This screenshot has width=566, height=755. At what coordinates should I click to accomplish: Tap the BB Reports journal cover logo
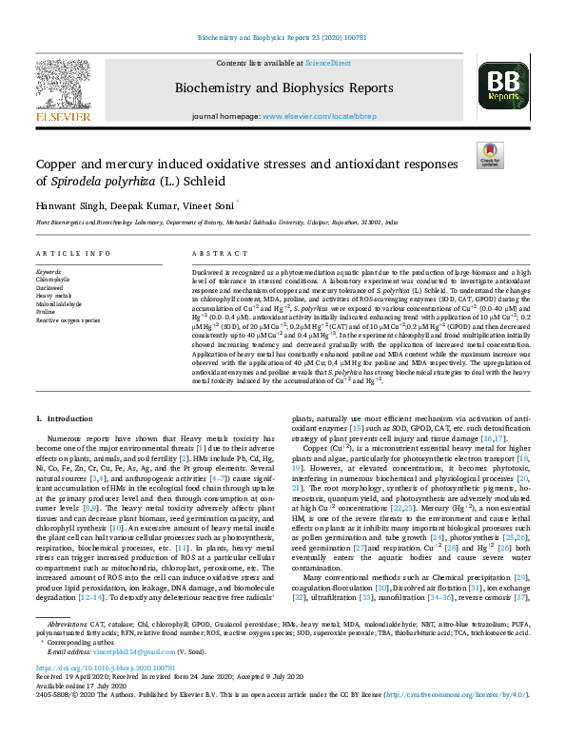pos(502,89)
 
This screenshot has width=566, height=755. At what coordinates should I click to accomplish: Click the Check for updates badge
pos(489,156)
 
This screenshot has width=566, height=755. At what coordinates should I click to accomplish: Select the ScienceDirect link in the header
pos(327,63)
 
